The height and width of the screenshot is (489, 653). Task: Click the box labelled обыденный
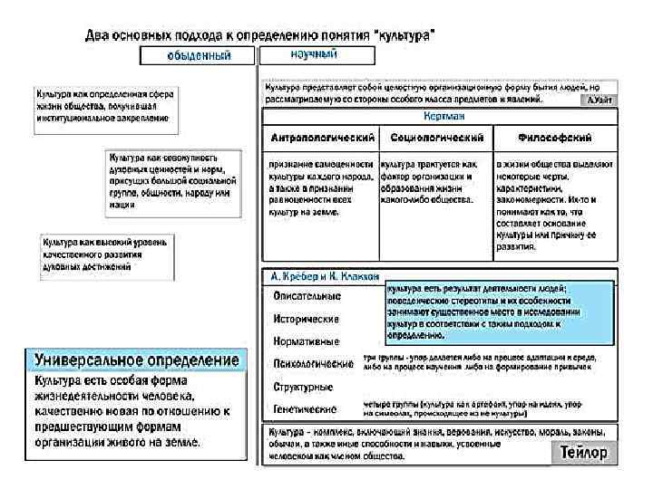pos(198,56)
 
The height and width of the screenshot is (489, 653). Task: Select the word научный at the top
pos(313,54)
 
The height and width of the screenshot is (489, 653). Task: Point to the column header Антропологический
pos(322,139)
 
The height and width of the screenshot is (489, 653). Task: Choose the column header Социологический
pos(435,139)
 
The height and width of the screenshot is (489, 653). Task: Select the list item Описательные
pos(307,295)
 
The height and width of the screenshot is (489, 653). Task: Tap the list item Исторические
pos(307,319)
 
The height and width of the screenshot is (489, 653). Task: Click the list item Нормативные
pos(307,341)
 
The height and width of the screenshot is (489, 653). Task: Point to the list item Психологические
pos(313,364)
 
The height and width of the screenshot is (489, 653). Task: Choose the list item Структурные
pos(303,387)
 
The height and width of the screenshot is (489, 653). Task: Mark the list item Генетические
pos(305,409)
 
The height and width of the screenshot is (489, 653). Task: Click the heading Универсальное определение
pos(136,360)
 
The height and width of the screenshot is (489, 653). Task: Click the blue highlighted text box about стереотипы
pos(499,312)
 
